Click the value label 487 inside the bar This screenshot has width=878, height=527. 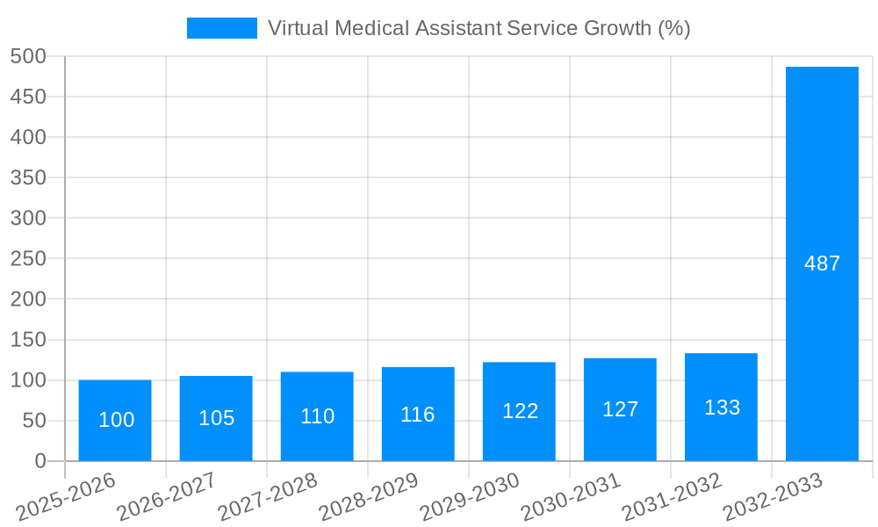point(822,263)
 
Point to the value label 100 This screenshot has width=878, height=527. point(116,420)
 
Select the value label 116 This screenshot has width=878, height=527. point(418,415)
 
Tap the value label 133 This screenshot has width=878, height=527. point(722,408)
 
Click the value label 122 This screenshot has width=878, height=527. point(520,411)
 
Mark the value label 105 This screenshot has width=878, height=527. point(216,418)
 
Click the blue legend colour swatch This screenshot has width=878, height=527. point(221,28)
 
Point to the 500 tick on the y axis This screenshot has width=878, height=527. point(28,56)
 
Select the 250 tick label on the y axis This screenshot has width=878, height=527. point(28,258)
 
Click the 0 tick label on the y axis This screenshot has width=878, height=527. point(40,461)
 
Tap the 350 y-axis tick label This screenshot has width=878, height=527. point(28,177)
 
